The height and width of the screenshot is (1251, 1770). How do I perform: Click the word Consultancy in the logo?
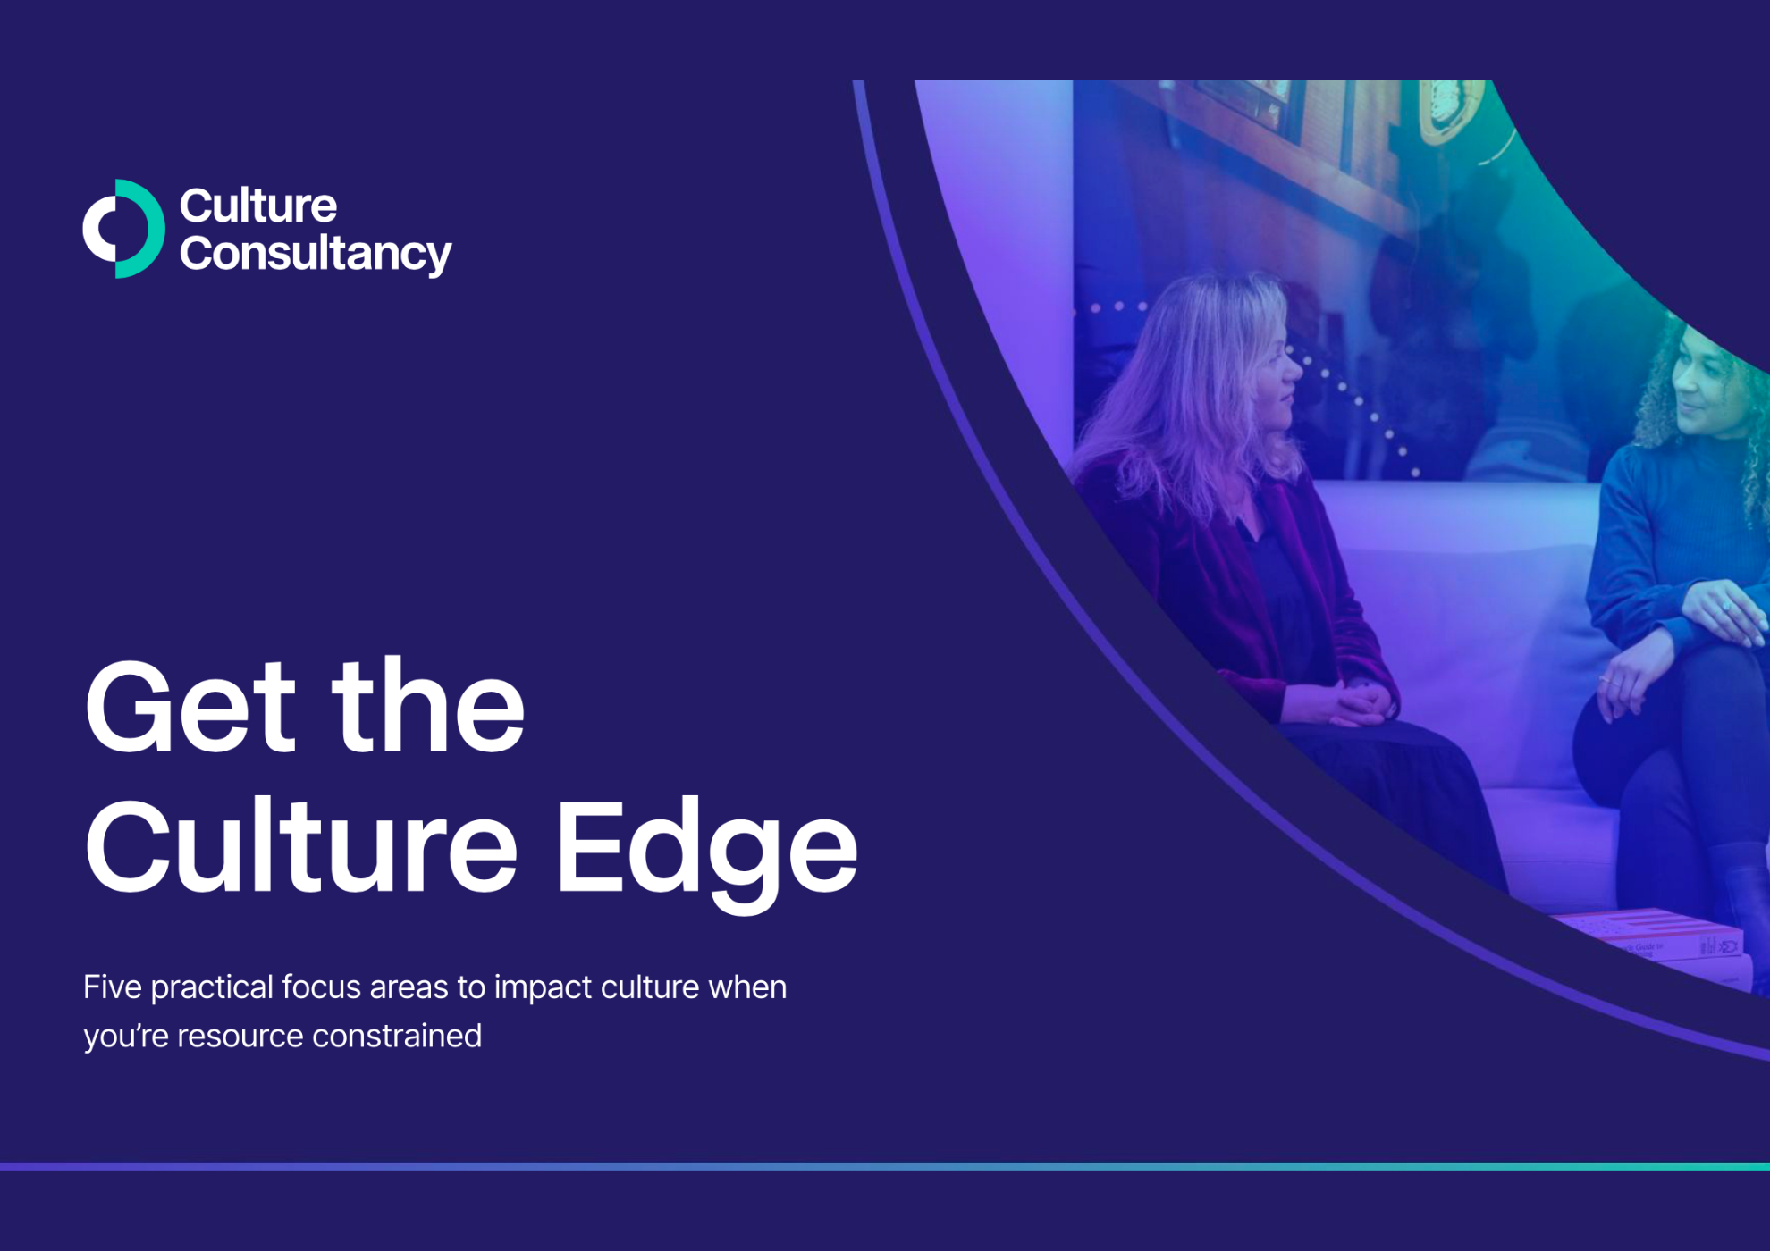[x=316, y=254]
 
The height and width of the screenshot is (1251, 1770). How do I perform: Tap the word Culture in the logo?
[x=258, y=206]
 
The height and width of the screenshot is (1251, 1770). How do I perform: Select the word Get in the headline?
[x=190, y=707]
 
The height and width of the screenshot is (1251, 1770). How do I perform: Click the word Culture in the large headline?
[x=301, y=845]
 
